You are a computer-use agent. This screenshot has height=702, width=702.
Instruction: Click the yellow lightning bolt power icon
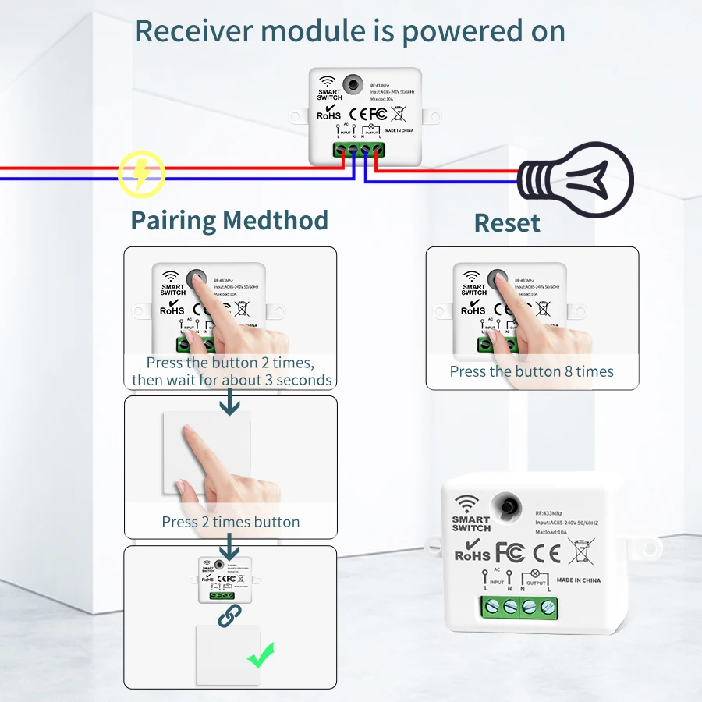tap(141, 173)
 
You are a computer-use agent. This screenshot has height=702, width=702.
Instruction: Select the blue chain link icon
tap(229, 616)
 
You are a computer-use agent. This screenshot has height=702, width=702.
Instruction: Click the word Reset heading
tap(507, 223)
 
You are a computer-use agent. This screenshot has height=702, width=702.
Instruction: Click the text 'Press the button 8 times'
tap(531, 371)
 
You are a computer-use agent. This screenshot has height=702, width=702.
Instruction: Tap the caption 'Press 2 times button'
tap(230, 522)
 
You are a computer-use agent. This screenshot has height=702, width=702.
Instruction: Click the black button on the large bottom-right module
tap(512, 505)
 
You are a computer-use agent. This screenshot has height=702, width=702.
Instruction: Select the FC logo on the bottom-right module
tap(509, 552)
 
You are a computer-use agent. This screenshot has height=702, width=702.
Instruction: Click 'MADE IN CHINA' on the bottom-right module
tap(579, 580)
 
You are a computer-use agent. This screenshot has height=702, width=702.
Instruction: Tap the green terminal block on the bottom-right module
tap(518, 607)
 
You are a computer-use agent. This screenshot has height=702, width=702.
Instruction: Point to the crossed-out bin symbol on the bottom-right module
tap(581, 551)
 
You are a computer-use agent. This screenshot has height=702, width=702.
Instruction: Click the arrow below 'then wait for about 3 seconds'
tap(229, 403)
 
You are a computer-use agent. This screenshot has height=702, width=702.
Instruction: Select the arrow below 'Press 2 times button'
tap(230, 544)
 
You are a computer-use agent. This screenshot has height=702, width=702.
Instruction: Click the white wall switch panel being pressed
tap(207, 452)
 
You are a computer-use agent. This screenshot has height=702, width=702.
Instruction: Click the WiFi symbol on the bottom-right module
tap(467, 503)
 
